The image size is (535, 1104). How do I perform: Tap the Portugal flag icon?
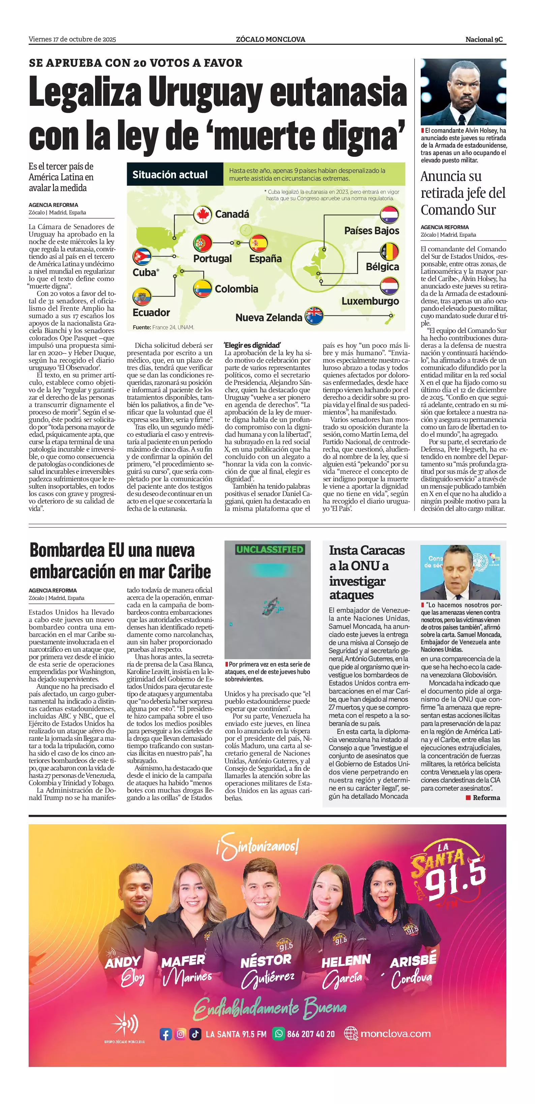(x=202, y=243)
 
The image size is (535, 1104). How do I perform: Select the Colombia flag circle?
(x=202, y=289)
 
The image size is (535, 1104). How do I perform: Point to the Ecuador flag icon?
(x=142, y=297)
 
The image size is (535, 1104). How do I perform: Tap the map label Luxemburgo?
(x=370, y=301)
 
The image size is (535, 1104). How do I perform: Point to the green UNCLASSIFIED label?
(x=270, y=549)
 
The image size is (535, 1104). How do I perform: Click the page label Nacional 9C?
(x=484, y=39)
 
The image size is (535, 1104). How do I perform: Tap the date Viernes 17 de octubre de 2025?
(x=72, y=39)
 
